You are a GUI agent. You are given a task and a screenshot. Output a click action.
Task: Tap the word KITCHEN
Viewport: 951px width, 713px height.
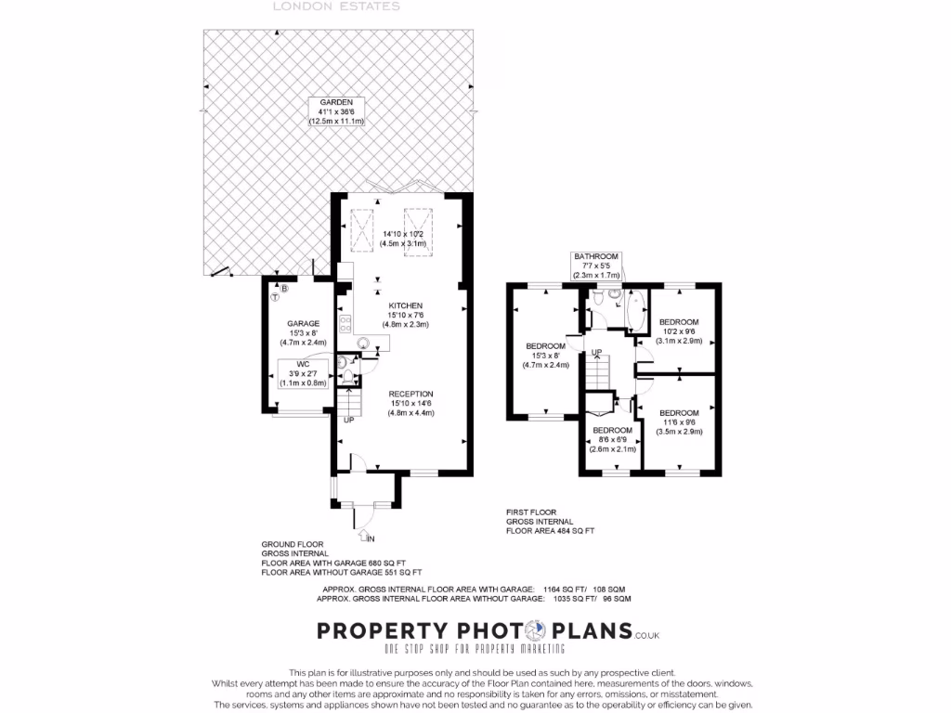pyautogui.click(x=405, y=305)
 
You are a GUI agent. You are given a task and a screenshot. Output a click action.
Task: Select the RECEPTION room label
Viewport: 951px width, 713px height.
pyautogui.click(x=410, y=394)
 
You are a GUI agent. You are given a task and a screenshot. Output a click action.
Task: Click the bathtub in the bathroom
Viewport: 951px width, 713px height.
pyautogui.click(x=636, y=312)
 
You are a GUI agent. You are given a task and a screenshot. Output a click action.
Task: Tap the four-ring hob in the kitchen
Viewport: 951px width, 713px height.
pyautogui.click(x=345, y=324)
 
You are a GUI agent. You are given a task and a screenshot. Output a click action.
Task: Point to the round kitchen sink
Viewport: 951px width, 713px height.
pyautogui.click(x=364, y=343)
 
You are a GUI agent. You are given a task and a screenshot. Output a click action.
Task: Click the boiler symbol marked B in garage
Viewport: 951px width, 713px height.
pyautogui.click(x=285, y=290)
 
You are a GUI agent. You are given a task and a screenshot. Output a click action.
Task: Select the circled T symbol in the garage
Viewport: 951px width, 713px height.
pyautogui.click(x=276, y=297)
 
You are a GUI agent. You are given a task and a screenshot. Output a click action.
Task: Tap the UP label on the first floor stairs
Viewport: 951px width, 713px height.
pyautogui.click(x=597, y=352)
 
